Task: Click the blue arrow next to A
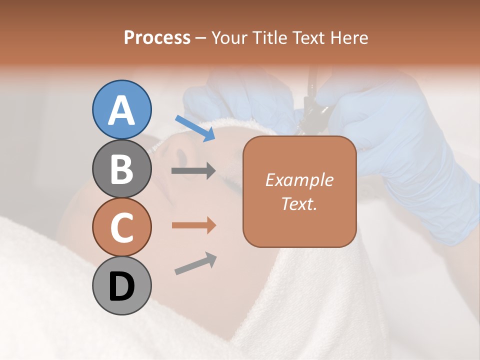[195, 128]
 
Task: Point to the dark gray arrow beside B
[193, 171]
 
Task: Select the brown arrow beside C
[193, 225]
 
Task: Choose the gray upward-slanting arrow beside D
[195, 263]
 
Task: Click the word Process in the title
[157, 37]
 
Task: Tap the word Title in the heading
[270, 37]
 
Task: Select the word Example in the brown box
[299, 180]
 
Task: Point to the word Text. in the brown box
[299, 204]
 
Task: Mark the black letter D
[121, 286]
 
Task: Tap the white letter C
[121, 228]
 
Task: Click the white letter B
[121, 169]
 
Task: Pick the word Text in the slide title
[309, 37]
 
